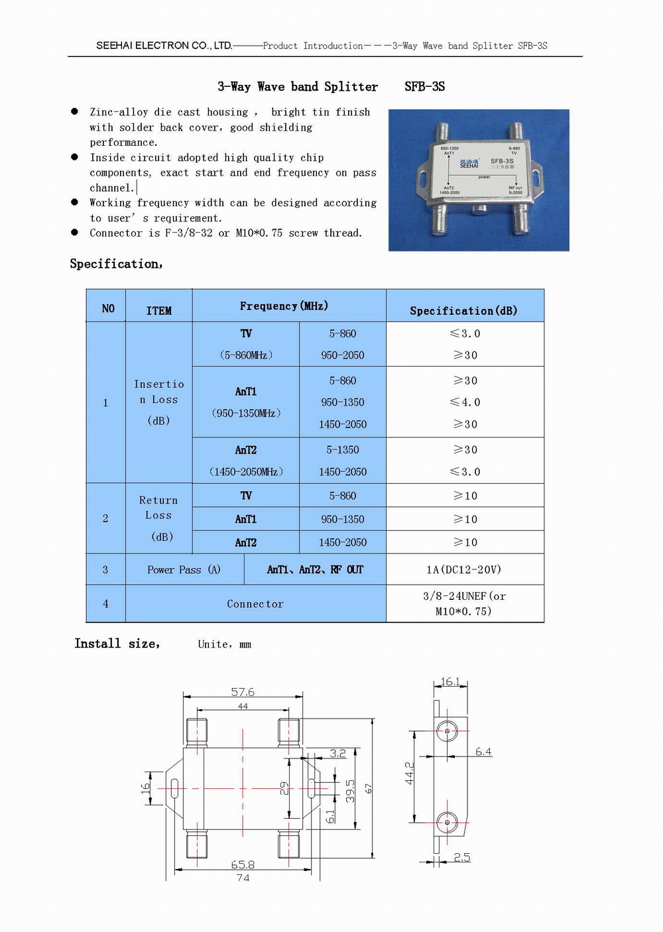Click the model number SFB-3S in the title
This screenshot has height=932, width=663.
[424, 86]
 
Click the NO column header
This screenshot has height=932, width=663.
[107, 308]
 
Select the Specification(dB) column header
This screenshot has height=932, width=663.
[463, 310]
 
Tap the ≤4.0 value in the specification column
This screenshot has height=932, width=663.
[465, 402]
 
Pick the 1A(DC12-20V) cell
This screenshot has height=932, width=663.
[464, 569]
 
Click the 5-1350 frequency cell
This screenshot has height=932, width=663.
[342, 449]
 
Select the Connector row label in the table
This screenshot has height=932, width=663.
[255, 604]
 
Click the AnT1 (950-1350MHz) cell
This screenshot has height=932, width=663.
[246, 402]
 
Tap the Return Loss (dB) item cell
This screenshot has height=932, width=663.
[159, 518]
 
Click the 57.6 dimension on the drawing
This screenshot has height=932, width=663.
[243, 691]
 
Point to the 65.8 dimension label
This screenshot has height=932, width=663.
[243, 864]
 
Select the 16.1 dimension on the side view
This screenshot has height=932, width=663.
[450, 681]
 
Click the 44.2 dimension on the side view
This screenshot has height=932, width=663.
[410, 774]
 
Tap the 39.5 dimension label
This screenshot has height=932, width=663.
[351, 790]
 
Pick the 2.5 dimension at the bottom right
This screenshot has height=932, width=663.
[462, 857]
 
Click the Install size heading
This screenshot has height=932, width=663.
[117, 643]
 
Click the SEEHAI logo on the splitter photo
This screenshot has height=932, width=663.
[469, 164]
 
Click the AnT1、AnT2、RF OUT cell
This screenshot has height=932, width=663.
[315, 569]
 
